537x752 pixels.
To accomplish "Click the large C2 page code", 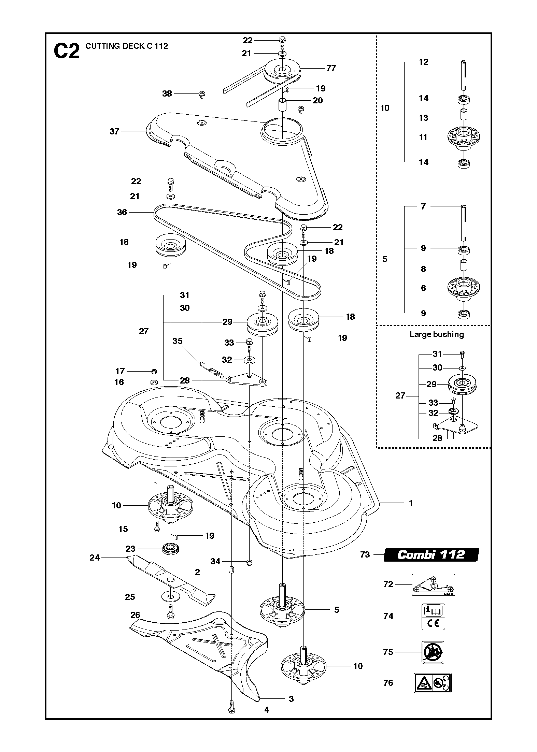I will pyautogui.click(x=67, y=51).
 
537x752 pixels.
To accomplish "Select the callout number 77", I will pyautogui.click(x=331, y=68).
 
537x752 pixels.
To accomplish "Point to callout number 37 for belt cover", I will pyautogui.click(x=114, y=131).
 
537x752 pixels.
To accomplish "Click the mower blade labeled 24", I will pyautogui.click(x=171, y=580).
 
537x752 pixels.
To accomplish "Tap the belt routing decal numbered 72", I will pyautogui.click(x=433, y=584).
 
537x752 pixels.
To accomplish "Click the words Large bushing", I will pyautogui.click(x=437, y=334).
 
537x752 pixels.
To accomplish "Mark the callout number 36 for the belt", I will pyautogui.click(x=122, y=212).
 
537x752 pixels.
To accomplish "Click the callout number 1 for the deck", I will pyautogui.click(x=411, y=503).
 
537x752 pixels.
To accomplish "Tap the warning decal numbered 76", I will pyautogui.click(x=433, y=683).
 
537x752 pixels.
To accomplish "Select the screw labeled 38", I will pyautogui.click(x=202, y=94).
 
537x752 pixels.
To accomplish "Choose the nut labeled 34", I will pyautogui.click(x=249, y=562).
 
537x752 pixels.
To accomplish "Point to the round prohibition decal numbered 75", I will pyautogui.click(x=433, y=652).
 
